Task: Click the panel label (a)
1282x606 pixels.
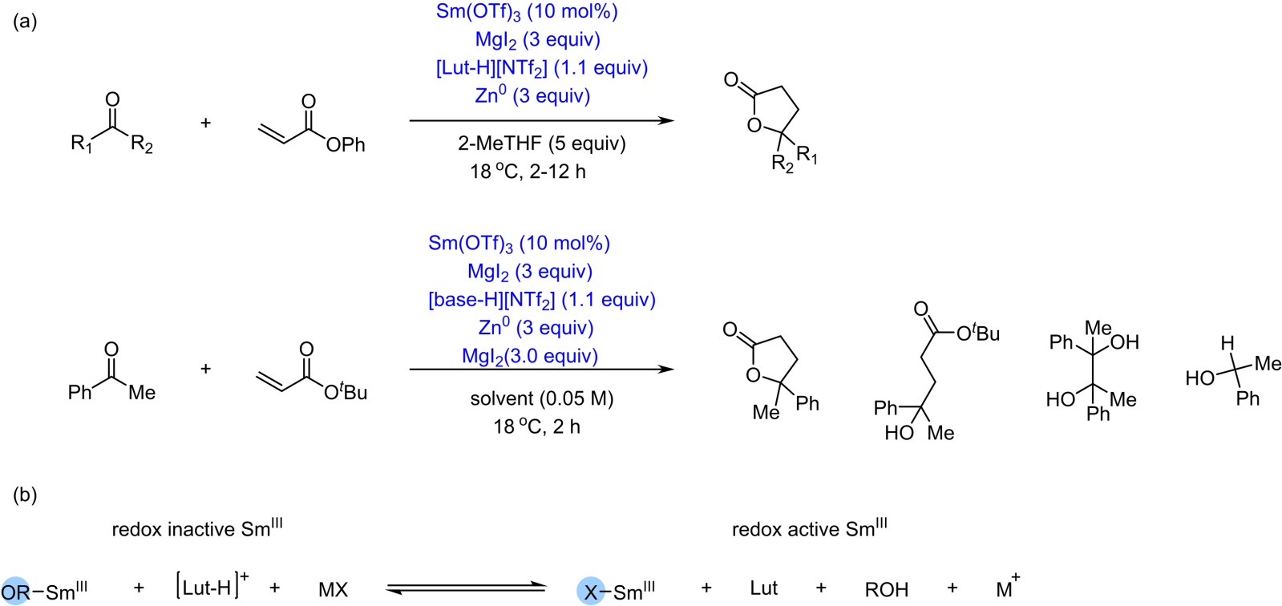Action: [25, 22]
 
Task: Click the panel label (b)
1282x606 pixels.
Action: [25, 495]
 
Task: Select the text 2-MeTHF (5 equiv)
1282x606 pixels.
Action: [541, 143]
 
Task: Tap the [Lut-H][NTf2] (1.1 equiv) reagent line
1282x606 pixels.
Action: [541, 68]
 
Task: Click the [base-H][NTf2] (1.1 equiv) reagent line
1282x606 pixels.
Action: [541, 300]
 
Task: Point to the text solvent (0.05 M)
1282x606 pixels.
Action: [541, 398]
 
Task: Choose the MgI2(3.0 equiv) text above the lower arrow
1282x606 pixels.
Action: [530, 356]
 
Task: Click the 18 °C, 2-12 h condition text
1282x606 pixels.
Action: [528, 172]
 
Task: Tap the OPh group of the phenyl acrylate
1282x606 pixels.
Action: [345, 145]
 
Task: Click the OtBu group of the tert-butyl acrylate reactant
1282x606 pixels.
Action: [346, 392]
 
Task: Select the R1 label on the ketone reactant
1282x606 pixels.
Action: [81, 144]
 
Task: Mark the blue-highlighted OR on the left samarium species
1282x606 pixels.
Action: [15, 592]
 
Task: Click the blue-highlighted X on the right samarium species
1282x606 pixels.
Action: [591, 592]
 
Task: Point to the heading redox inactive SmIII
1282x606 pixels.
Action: [196, 528]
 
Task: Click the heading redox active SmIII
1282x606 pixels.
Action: [809, 528]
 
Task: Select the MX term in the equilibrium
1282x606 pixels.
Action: [333, 590]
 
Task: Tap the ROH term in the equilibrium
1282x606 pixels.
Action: [886, 590]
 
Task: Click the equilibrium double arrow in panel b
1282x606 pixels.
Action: [465, 589]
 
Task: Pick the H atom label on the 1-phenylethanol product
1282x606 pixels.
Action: [1227, 344]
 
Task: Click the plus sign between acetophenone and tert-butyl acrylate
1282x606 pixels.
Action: [205, 369]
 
